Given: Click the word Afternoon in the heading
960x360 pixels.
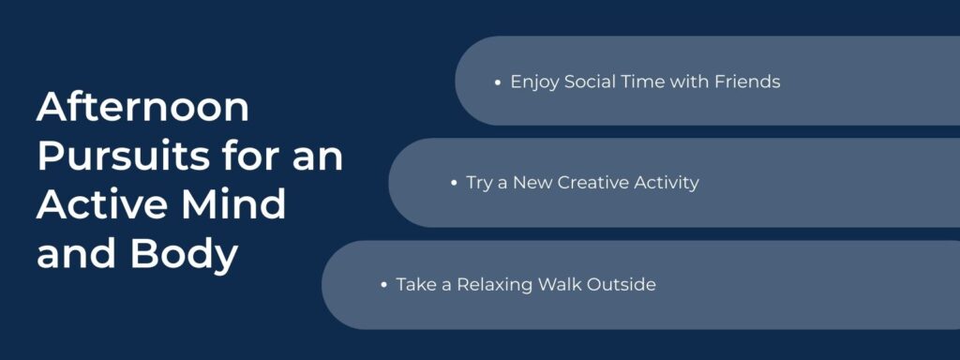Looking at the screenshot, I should [143, 108].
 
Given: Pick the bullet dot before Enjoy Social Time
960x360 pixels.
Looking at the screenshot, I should [498, 82].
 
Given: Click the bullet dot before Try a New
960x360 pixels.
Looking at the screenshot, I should [454, 184].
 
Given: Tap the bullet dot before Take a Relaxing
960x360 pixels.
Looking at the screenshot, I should [384, 285].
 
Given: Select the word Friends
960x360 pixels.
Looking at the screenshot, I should [747, 82].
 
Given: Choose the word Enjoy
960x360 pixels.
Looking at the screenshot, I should [534, 82].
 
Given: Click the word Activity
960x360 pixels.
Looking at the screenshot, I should [667, 184].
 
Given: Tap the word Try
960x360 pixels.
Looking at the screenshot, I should [479, 184].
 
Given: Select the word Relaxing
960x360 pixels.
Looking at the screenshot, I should [494, 285].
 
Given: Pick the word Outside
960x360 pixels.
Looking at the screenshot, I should [622, 284].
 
